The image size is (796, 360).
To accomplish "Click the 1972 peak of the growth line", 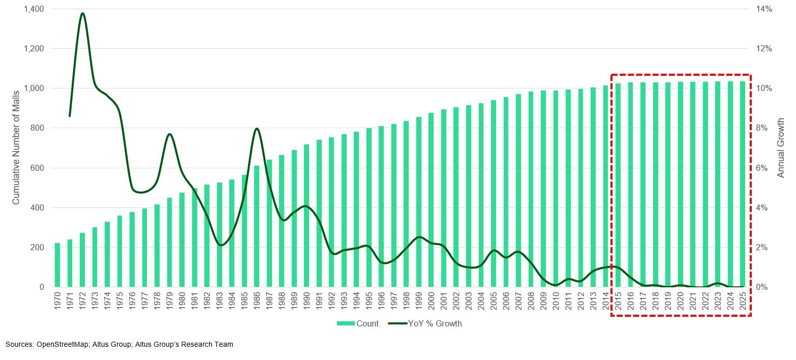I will tap(82, 13).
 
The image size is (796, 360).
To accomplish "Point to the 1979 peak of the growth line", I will tap(170, 134).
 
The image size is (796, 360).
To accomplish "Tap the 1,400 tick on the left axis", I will tap(34, 9).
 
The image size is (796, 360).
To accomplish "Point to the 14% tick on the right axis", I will tap(764, 9).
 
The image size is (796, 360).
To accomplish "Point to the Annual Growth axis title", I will tap(781, 147).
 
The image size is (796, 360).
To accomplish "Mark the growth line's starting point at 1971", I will tap(70, 116).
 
